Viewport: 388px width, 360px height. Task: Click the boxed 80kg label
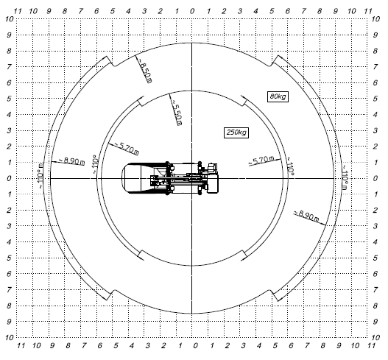click(278, 96)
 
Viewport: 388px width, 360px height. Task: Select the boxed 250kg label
click(236, 133)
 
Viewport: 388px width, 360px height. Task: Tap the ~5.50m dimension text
click(177, 113)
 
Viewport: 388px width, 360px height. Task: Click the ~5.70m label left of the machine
click(126, 148)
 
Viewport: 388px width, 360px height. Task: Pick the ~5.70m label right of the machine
click(261, 160)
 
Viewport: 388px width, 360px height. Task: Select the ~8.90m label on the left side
click(71, 160)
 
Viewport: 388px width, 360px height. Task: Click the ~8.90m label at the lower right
click(306, 216)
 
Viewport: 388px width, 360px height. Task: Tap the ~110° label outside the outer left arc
click(40, 176)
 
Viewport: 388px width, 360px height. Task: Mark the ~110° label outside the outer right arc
click(345, 177)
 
